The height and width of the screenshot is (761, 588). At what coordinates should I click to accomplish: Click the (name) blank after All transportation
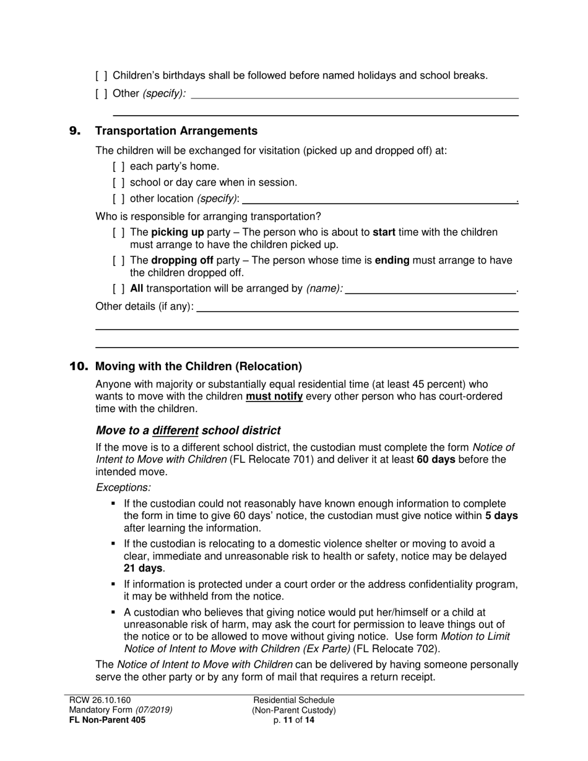430,289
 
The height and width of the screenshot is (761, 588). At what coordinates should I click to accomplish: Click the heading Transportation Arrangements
176,131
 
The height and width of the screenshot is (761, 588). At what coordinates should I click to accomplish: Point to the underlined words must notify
274,397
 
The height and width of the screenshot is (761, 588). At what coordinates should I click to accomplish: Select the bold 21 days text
142,568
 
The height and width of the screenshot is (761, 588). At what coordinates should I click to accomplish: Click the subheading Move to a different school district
188,431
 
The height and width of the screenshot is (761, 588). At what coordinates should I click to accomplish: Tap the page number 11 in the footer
289,720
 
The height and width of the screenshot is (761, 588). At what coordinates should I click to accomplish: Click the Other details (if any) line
357,307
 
